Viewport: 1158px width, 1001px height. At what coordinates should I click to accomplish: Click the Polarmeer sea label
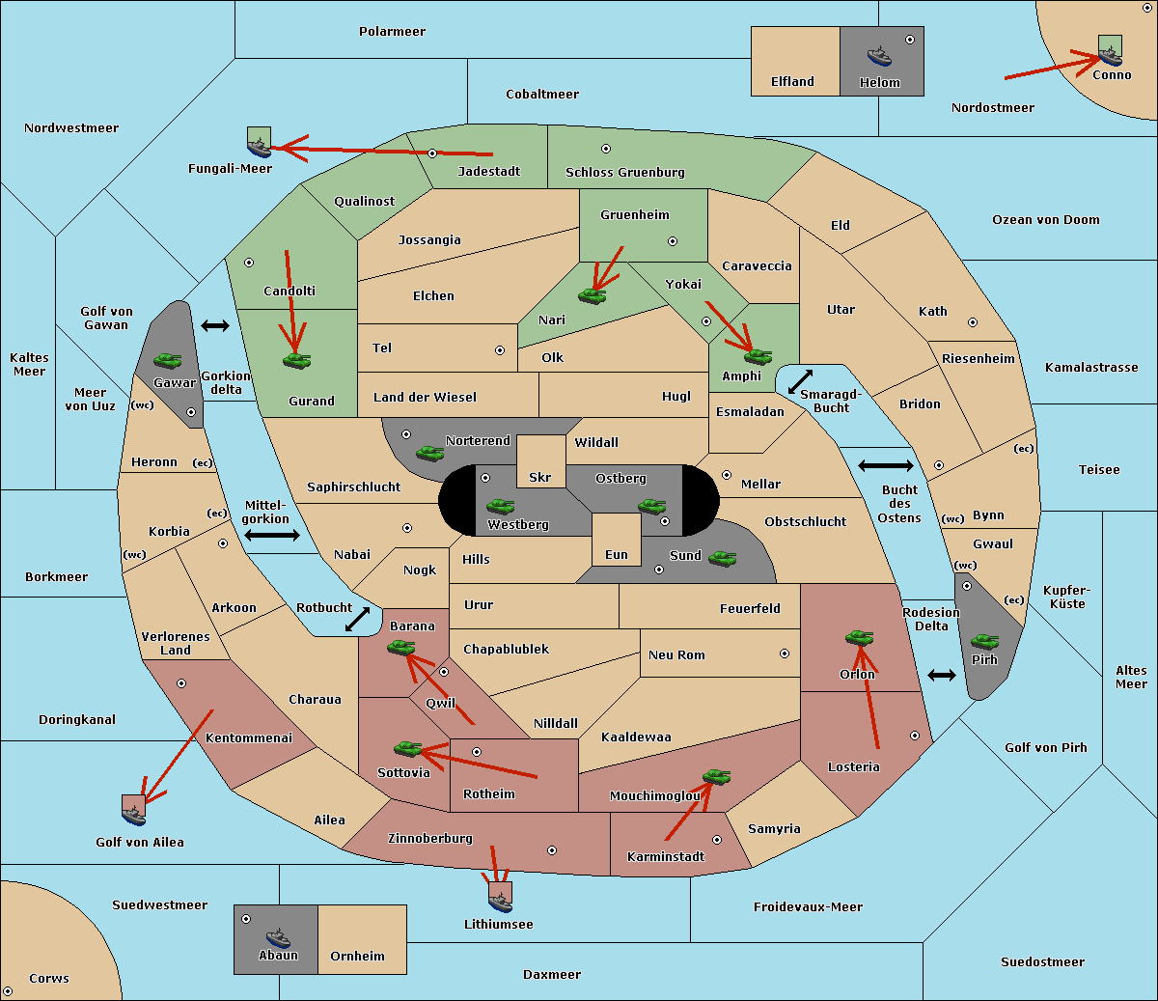392,32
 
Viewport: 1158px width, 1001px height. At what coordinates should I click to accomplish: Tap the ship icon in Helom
878,55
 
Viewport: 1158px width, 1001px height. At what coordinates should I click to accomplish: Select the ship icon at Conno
1110,54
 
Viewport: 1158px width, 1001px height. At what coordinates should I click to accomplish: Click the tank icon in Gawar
167,360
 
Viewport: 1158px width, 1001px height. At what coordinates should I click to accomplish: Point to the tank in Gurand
296,360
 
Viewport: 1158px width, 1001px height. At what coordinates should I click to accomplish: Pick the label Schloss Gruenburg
624,173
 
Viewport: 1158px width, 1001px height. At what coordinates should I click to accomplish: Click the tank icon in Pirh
984,642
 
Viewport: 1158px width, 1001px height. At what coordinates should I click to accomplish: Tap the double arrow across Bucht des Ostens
885,466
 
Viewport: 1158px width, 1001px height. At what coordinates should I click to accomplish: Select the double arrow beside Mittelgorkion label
272,535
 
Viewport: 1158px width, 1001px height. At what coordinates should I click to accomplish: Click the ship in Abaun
278,937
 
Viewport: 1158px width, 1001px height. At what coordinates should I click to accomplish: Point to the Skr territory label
540,478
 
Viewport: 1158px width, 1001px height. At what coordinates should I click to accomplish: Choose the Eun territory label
616,555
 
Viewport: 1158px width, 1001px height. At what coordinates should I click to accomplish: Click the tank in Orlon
858,637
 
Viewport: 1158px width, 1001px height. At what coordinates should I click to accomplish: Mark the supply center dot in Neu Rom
785,653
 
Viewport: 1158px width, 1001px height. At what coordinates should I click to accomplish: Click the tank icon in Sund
722,558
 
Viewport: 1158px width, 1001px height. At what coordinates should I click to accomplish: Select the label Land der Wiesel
425,397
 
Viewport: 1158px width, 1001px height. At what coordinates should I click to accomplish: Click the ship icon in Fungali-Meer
259,146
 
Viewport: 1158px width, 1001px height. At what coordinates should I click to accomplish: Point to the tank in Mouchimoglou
715,776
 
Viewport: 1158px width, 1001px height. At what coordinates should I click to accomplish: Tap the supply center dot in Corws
9,991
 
